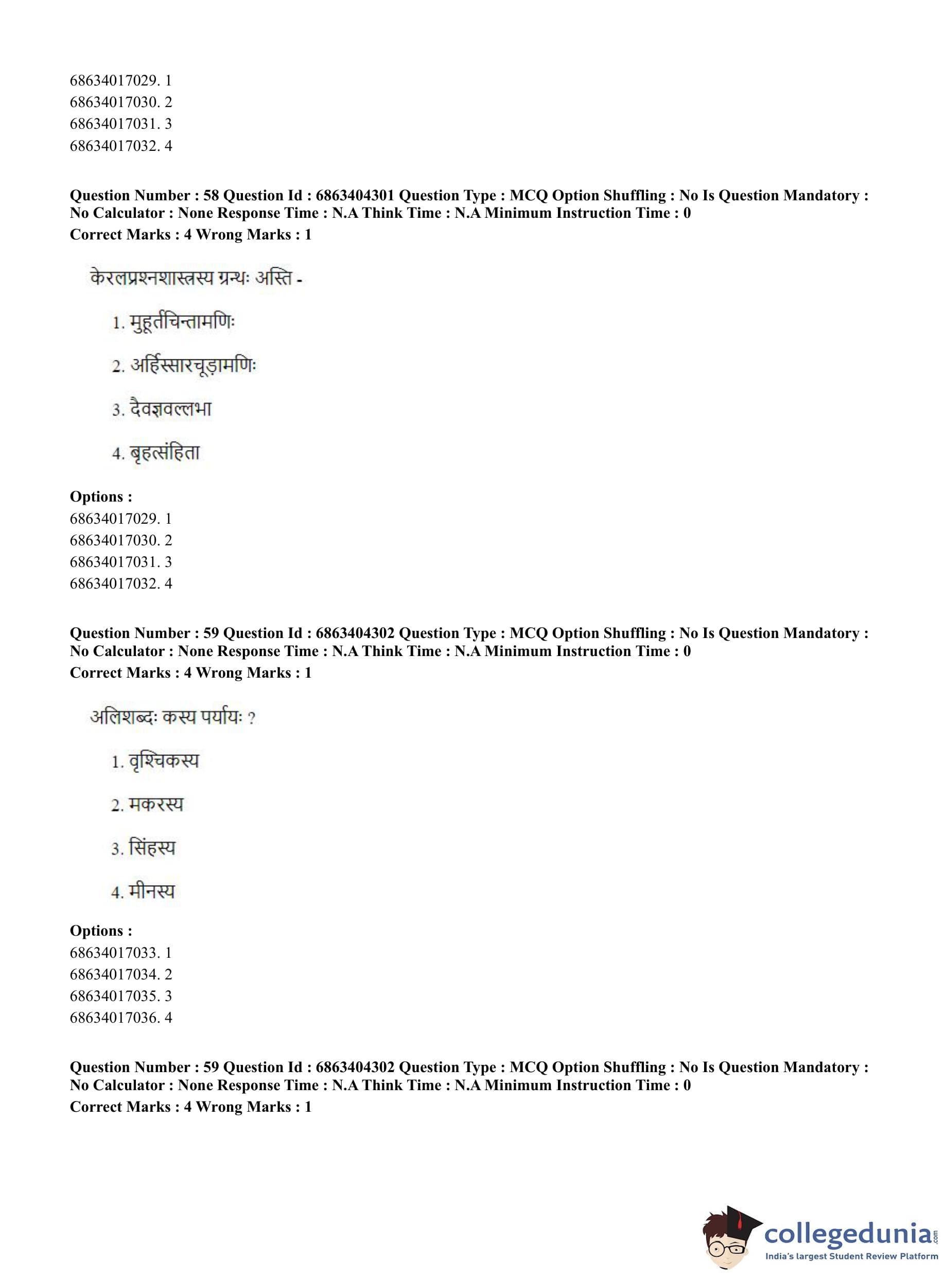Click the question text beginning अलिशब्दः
click(x=171, y=717)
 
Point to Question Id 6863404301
click(x=355, y=196)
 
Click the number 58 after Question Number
click(x=211, y=196)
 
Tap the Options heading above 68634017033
click(x=101, y=931)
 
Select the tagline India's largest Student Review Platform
click(x=851, y=1255)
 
